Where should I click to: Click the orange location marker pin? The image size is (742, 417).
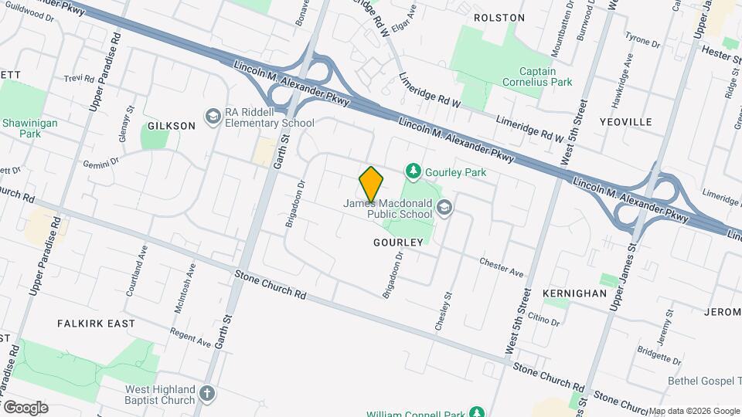pyautogui.click(x=371, y=183)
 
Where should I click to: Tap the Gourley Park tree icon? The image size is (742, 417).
pyautogui.click(x=414, y=171)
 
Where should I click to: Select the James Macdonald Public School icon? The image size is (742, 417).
pyautogui.click(x=444, y=206)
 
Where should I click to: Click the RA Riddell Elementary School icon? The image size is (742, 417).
pyautogui.click(x=212, y=117)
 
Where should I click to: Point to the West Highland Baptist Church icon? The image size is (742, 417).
pyautogui.click(x=206, y=394)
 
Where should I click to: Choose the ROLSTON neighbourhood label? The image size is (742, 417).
pyautogui.click(x=499, y=17)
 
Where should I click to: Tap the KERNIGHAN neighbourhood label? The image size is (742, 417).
pyautogui.click(x=574, y=294)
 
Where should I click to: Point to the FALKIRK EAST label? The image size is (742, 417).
pyautogui.click(x=96, y=324)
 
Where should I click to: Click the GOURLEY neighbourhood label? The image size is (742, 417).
pyautogui.click(x=398, y=242)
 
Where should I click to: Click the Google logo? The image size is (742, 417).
pyautogui.click(x=26, y=407)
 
